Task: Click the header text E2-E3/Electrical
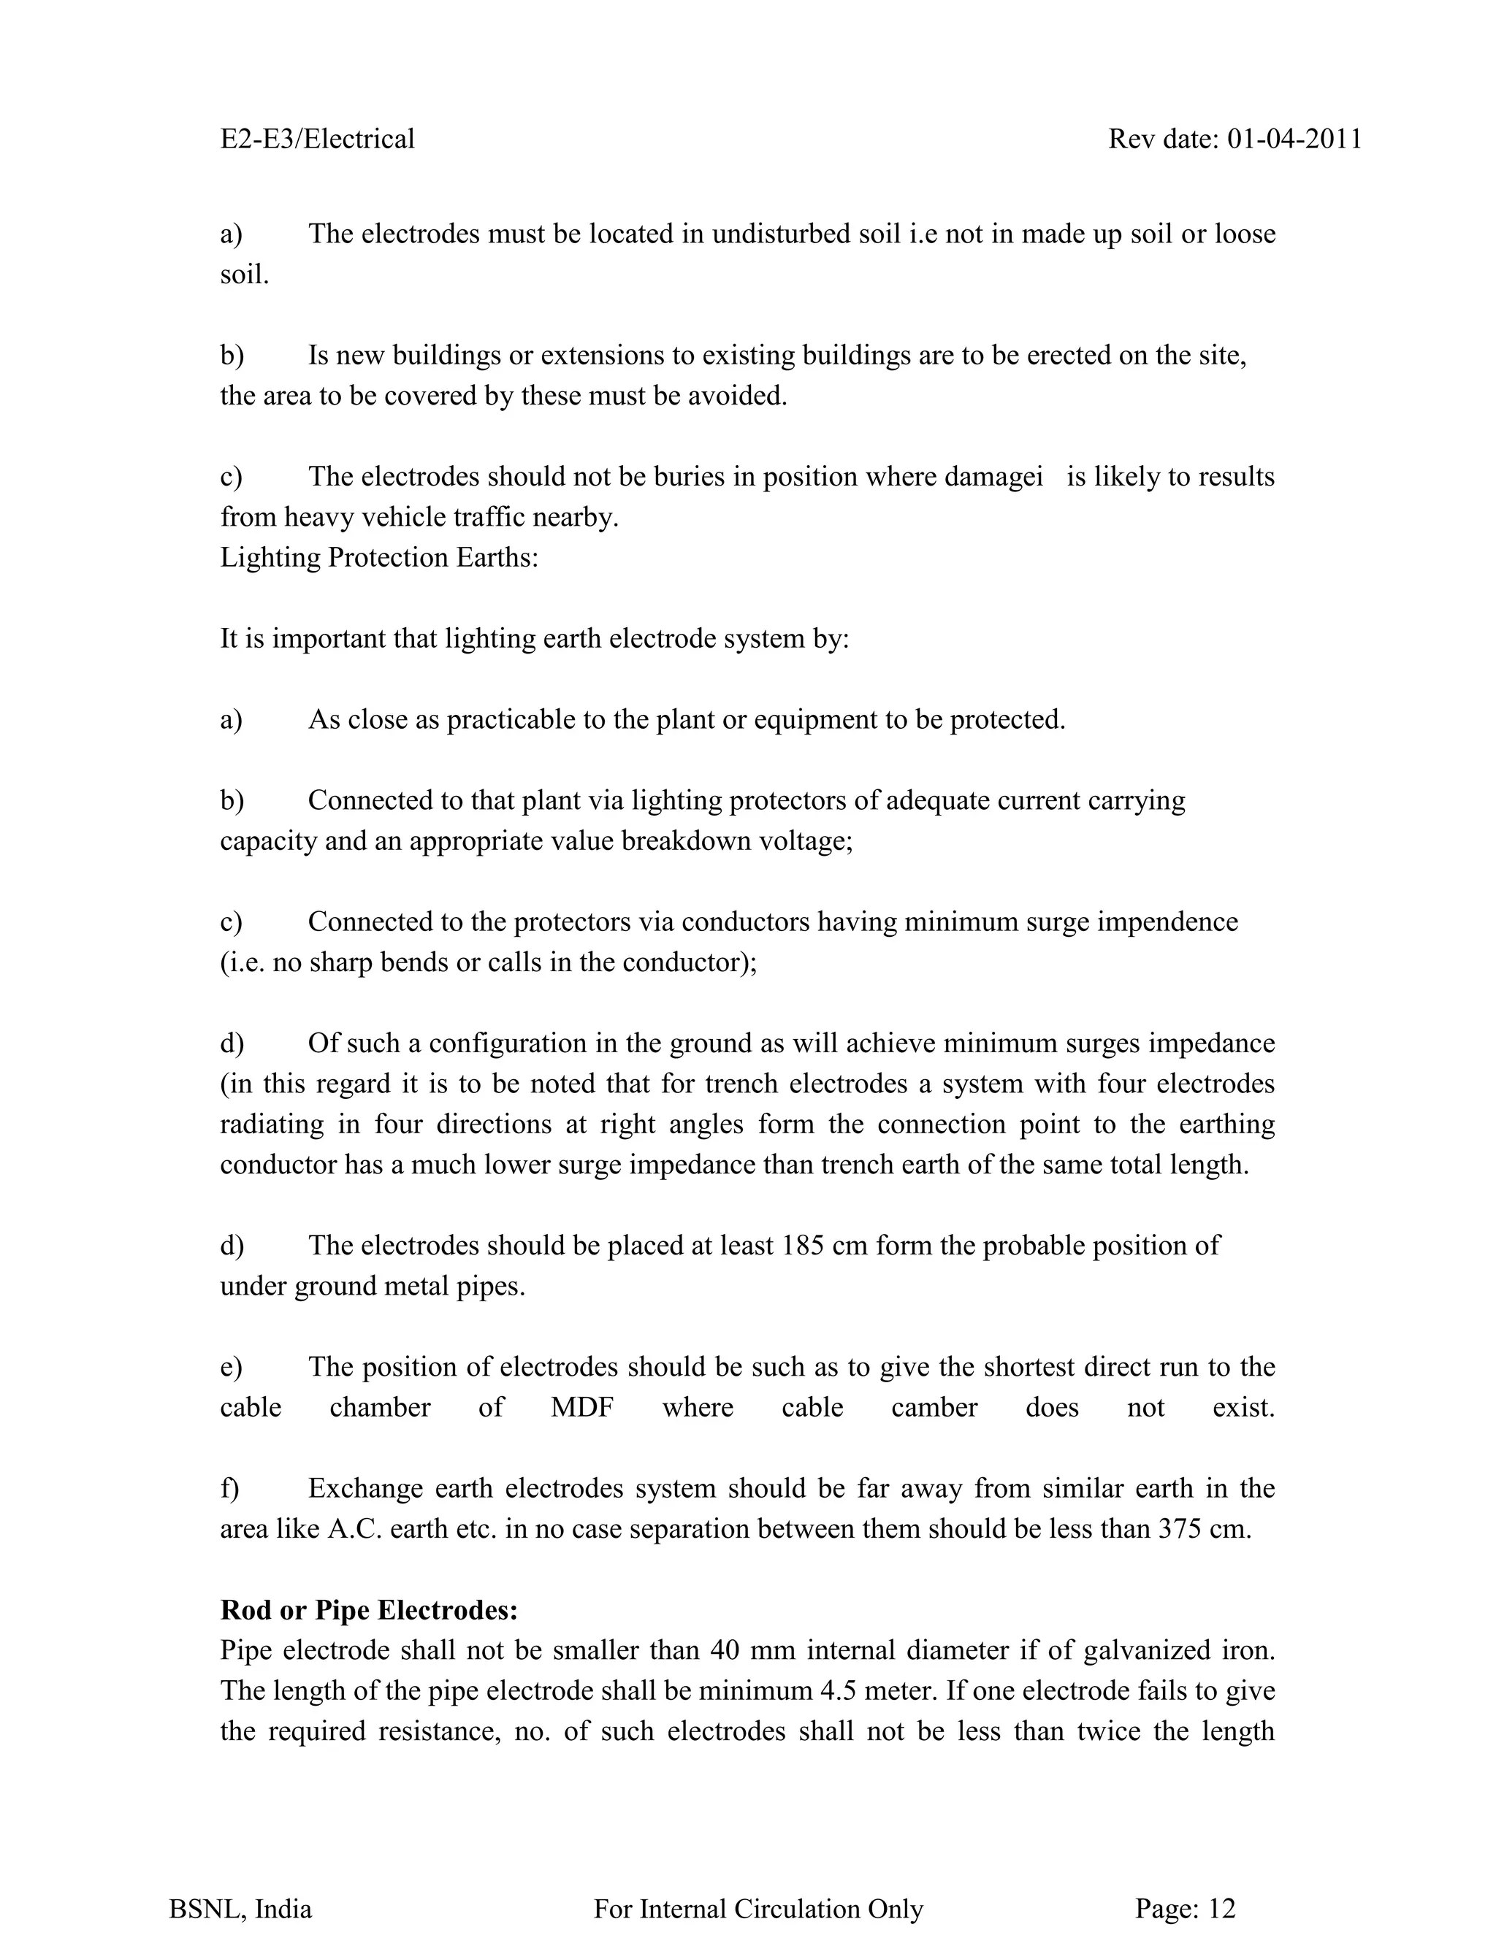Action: pos(317,139)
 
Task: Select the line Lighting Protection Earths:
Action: pos(379,557)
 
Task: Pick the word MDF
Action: pos(582,1407)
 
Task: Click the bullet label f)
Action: pos(229,1488)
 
